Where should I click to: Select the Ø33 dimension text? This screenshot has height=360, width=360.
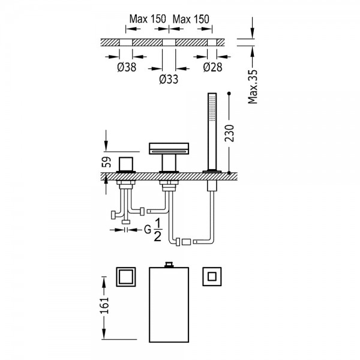[x=169, y=79]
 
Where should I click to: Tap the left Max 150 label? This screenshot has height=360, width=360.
[x=148, y=19]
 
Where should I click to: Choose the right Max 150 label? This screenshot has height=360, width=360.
[x=191, y=19]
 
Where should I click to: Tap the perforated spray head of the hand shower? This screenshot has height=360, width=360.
[x=211, y=108]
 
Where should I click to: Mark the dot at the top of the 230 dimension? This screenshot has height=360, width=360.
[x=229, y=94]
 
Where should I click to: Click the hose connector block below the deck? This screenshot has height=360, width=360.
[x=185, y=242]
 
